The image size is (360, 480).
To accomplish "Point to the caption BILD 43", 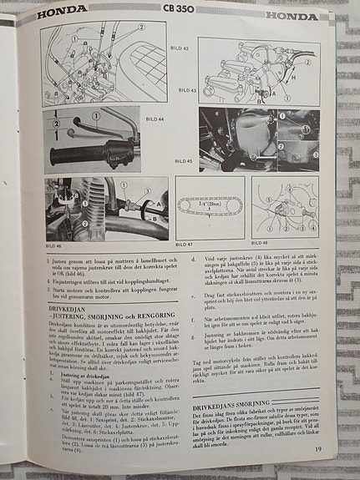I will [187, 89].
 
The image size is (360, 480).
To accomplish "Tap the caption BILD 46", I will [53, 245].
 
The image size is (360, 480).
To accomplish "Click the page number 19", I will [318, 451].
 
